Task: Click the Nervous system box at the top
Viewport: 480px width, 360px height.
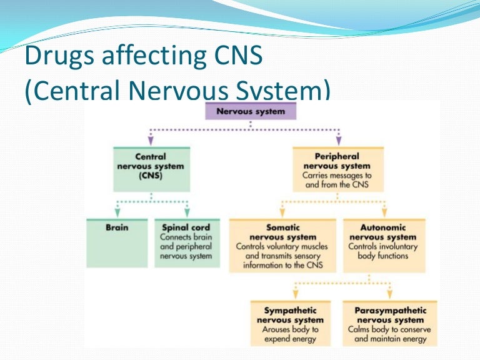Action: (250, 112)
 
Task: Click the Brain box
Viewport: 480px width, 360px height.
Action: (117, 242)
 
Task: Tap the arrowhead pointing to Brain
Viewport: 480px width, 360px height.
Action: (117, 212)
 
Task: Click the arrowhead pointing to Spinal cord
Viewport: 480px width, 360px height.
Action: (187, 212)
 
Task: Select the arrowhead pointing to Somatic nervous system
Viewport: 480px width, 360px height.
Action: (284, 212)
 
